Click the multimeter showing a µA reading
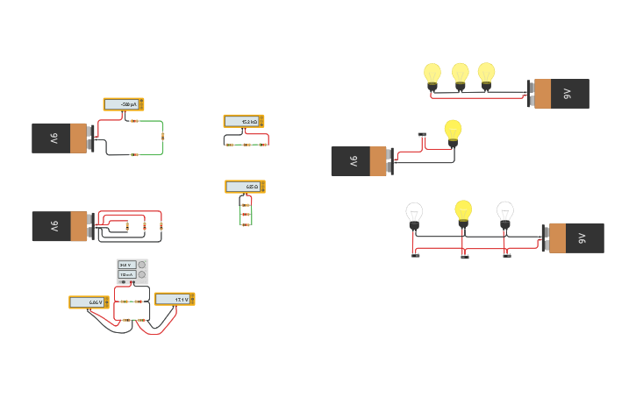[x=124, y=104]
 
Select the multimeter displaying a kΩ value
[x=243, y=121]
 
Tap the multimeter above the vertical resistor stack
[x=245, y=187]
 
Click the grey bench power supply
[x=132, y=271]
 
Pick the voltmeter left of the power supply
[x=89, y=302]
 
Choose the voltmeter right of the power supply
[x=175, y=299]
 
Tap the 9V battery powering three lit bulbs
[x=559, y=94]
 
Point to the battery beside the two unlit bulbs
[x=575, y=237]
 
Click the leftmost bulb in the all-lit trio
[x=432, y=76]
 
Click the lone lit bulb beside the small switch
[x=453, y=132]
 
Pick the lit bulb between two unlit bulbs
[x=463, y=214]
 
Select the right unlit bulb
[x=504, y=215]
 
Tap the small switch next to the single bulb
[x=422, y=135]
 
